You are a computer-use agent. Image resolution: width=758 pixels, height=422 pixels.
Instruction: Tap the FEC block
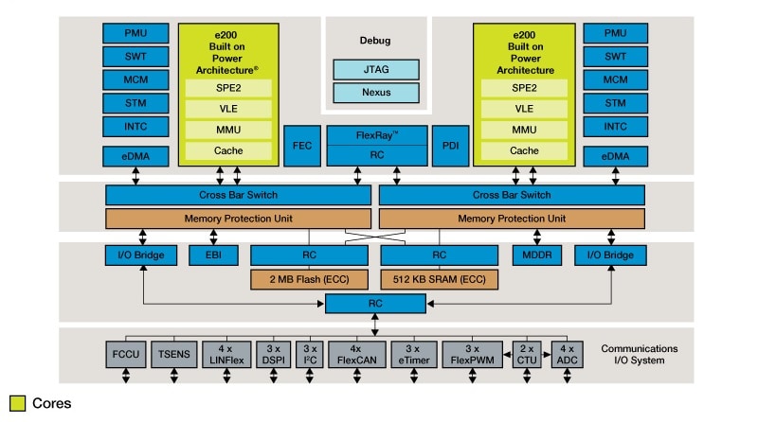click(x=301, y=146)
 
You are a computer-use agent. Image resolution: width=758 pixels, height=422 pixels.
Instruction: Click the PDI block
click(x=450, y=146)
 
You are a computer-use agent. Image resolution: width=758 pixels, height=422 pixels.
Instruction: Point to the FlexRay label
click(x=376, y=135)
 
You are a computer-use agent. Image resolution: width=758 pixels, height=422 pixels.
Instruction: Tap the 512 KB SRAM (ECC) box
click(x=441, y=279)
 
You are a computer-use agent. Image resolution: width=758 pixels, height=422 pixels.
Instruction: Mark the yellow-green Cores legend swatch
click(x=16, y=403)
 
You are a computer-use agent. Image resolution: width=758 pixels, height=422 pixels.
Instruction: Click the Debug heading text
click(x=375, y=41)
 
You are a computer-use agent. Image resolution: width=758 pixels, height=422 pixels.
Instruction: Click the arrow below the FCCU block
click(x=124, y=377)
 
